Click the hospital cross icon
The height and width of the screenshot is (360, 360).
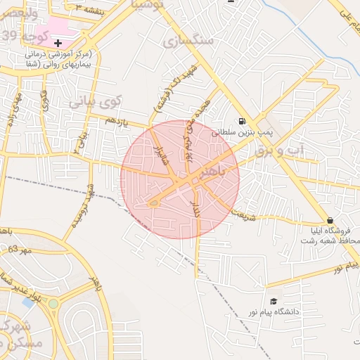tap(58, 44)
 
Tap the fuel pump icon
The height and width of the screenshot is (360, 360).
tap(242, 121)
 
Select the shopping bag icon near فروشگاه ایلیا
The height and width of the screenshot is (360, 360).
tap(330, 220)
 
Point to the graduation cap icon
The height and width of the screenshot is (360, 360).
tap(273, 302)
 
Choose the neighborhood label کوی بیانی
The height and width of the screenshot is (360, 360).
tap(95, 102)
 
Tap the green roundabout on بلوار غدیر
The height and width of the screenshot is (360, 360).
tap(53, 304)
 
